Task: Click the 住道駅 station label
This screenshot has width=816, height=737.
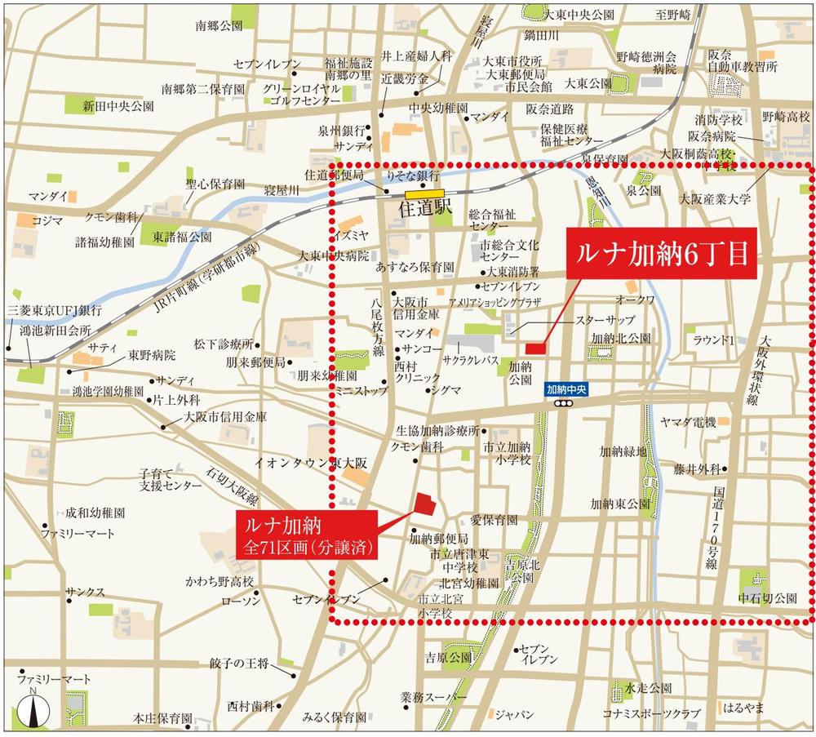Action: coord(424,209)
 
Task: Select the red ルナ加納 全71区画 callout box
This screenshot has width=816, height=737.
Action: coord(308,535)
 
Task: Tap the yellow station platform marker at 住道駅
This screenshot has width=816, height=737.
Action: coord(424,194)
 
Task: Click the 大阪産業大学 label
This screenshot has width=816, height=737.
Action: coord(715,198)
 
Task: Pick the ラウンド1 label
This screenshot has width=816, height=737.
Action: coord(714,339)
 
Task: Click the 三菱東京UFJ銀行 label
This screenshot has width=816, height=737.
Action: coord(55,310)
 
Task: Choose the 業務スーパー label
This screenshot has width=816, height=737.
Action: coord(433,699)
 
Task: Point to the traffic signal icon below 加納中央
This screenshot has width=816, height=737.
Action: coord(562,403)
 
